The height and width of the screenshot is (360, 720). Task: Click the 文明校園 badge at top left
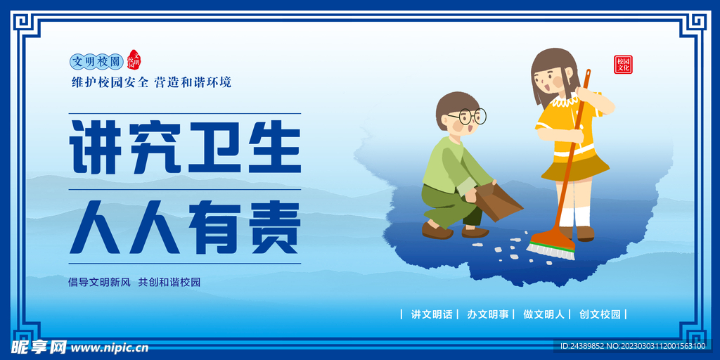(96, 62)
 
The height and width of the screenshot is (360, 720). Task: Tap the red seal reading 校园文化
(623, 65)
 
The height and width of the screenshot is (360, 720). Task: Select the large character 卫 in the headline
(214, 148)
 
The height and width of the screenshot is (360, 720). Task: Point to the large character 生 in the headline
(272, 148)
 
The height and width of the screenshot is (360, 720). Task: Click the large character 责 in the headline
(272, 227)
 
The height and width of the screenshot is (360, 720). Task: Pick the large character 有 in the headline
(214, 227)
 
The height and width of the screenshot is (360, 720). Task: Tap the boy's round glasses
(469, 116)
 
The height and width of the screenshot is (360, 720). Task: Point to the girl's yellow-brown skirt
(574, 167)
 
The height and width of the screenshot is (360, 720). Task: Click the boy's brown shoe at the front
(437, 230)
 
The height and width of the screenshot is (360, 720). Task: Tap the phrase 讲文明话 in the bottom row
(432, 314)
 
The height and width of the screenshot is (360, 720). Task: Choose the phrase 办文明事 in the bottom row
(488, 314)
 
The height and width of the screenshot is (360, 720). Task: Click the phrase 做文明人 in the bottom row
(544, 314)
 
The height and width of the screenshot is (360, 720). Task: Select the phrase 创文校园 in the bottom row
(600, 314)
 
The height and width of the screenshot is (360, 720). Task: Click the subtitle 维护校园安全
(110, 82)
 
